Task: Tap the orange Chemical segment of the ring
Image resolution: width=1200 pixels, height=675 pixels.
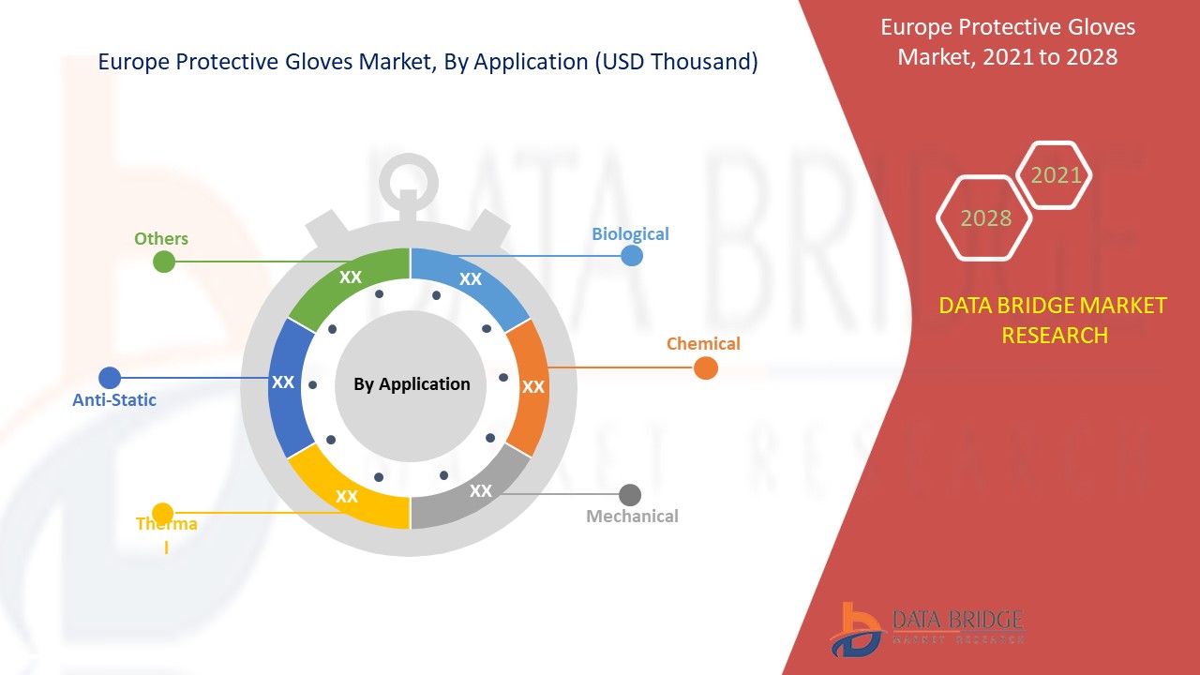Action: [x=529, y=385]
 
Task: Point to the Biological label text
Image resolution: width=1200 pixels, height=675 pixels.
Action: [x=630, y=233]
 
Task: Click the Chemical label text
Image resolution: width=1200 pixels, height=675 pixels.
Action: [x=703, y=343]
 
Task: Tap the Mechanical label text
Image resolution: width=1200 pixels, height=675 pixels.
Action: [x=632, y=516]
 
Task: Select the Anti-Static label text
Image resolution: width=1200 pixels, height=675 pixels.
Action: [x=114, y=400]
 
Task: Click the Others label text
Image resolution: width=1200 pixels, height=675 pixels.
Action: [x=161, y=238]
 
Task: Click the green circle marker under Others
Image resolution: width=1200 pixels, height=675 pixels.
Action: [x=164, y=262]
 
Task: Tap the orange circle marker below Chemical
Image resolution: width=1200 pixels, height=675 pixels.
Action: [x=706, y=367]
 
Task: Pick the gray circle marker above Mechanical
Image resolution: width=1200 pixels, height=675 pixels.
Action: [x=630, y=494]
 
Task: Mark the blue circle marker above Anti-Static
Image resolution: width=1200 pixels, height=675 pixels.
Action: [x=110, y=378]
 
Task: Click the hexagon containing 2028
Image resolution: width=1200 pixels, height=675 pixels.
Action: [x=985, y=218]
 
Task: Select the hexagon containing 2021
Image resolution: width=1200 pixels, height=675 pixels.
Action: [x=1056, y=175]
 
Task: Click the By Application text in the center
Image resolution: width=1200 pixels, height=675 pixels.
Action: [x=412, y=383]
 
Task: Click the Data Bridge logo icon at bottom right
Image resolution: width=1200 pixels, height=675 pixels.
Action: [x=856, y=628]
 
